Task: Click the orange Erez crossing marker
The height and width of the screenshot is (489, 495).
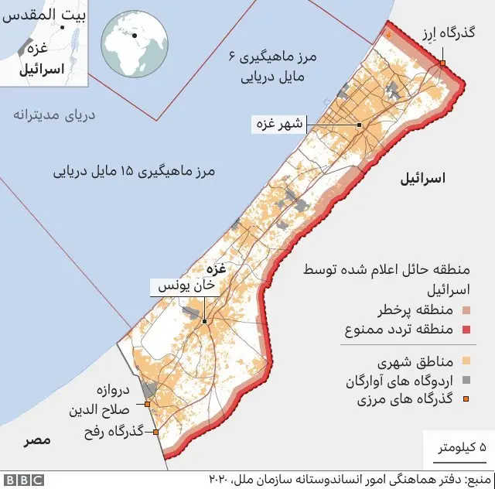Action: click(x=442, y=63)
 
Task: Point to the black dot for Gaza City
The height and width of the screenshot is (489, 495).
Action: click(x=360, y=125)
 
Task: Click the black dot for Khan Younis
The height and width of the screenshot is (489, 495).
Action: click(x=204, y=321)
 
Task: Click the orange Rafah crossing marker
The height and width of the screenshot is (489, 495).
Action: click(x=156, y=432)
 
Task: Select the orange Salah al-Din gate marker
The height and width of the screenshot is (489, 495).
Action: click(x=147, y=403)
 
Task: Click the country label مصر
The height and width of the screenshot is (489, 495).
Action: click(x=37, y=439)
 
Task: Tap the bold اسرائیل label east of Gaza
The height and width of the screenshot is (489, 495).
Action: click(x=423, y=179)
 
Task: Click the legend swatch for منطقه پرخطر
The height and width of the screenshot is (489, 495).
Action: click(x=466, y=312)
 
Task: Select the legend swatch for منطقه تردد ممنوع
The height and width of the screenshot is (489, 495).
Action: click(x=466, y=330)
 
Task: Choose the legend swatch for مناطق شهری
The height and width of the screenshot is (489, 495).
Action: click(x=466, y=361)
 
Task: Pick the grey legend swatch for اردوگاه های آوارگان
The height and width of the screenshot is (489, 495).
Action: click(x=466, y=381)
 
